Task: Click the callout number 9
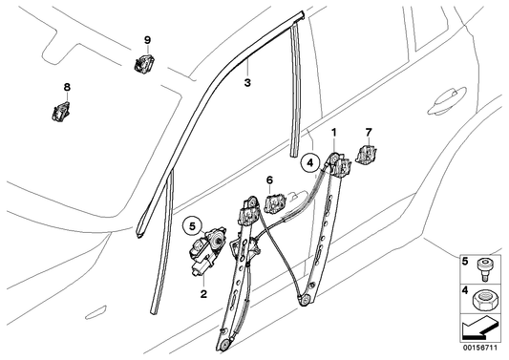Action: [x=148, y=39]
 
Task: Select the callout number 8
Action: [x=67, y=87]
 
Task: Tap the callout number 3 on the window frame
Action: [x=247, y=83]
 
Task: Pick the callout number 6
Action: [x=269, y=179]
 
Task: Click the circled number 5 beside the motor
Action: [x=191, y=227]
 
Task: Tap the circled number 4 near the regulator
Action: [x=308, y=163]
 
